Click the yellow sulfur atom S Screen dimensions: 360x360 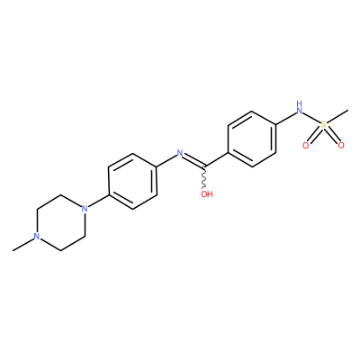coord(323,124)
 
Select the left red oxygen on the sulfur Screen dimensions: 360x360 coord(305,146)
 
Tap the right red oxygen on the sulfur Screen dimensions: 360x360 coord(341,146)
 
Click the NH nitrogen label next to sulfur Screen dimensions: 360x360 coord(299,107)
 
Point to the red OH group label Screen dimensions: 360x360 coord(207,194)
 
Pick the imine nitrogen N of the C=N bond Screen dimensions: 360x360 coord(180,153)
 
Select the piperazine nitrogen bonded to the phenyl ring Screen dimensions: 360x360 coord(85,208)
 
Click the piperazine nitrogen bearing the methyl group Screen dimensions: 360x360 coord(37,236)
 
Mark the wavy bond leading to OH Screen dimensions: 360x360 coord(204,177)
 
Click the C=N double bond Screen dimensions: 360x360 coord(194,160)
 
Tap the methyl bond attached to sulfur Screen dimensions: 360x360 coord(337,116)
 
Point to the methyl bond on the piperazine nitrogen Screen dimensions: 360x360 coord(22,244)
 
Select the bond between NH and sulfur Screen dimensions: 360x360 coord(311,117)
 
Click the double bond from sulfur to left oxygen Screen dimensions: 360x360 coord(314,135)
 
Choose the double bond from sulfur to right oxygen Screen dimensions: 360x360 coord(332,135)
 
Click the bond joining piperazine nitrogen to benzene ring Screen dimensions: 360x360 coord(96,202)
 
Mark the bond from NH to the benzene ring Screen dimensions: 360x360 coord(285,118)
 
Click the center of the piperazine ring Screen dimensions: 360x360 coord(60,222)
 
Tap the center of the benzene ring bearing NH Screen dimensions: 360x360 coord(252,139)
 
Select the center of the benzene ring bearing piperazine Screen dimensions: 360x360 coord(132,181)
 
